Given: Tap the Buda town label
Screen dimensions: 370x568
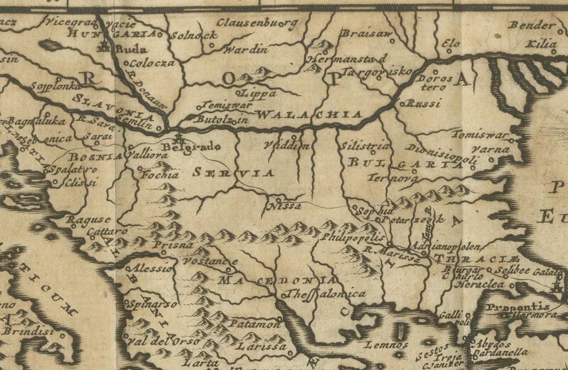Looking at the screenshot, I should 130,49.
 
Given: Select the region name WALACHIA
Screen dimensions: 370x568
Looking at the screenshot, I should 309,114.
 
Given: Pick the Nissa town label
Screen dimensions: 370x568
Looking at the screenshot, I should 287,206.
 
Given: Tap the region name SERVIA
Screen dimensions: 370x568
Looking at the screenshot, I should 233,173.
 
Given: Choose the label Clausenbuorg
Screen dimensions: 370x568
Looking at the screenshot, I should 257,24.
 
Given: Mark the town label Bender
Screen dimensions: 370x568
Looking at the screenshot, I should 531,26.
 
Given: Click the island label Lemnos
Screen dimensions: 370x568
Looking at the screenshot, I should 387,344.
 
